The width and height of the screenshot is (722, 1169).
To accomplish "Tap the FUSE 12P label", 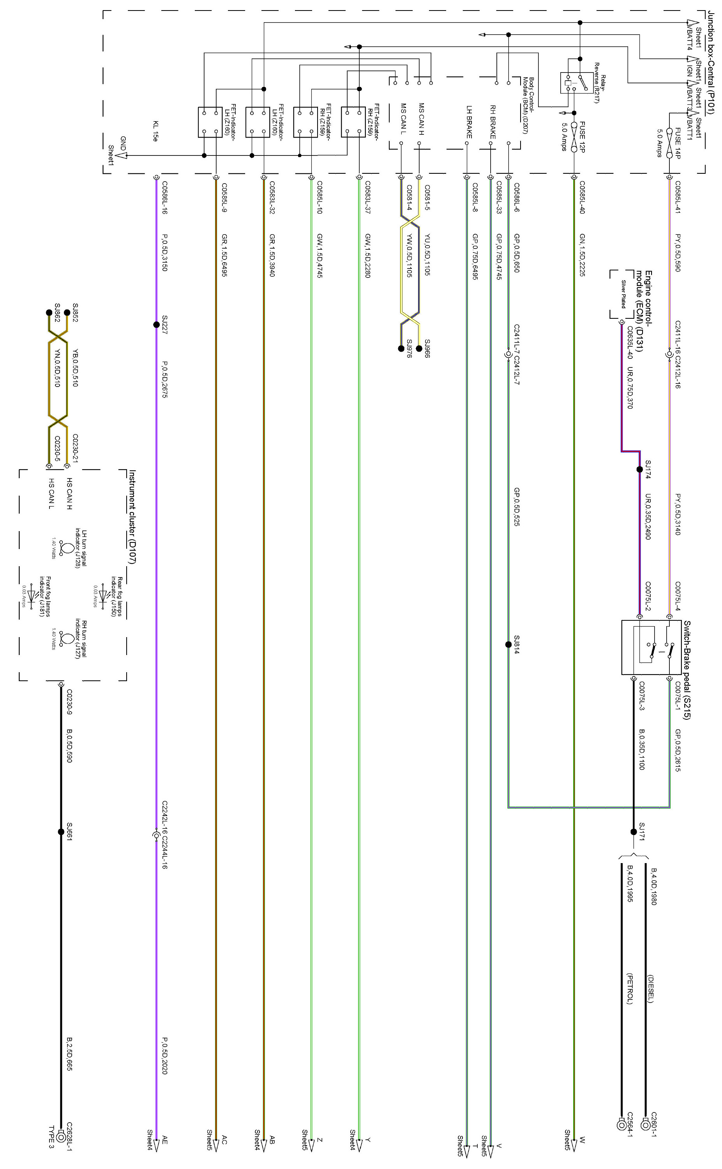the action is [x=582, y=137].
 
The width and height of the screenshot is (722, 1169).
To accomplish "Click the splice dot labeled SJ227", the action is [x=156, y=325].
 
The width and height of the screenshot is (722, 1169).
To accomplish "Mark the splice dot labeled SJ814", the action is [x=508, y=645].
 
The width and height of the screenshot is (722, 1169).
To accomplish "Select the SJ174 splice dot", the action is [x=639, y=470].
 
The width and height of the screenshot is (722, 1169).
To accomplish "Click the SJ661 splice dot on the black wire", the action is [x=61, y=832].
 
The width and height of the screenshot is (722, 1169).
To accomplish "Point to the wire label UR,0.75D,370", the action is [x=630, y=388].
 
